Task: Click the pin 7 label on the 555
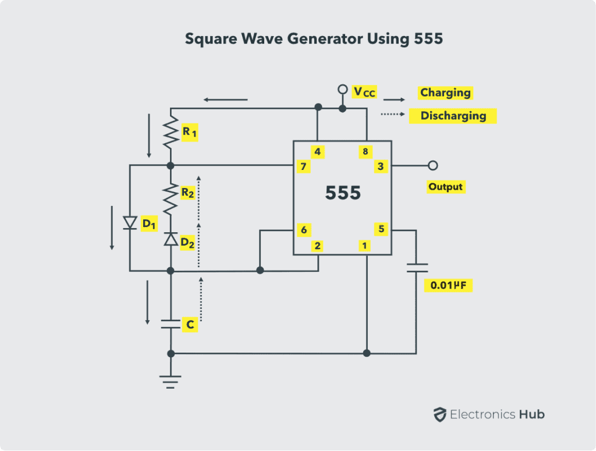click(303, 167)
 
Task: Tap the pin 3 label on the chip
click(380, 166)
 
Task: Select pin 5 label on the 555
click(381, 229)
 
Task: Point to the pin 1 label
click(364, 246)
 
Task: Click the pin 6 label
click(303, 230)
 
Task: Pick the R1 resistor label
click(190, 133)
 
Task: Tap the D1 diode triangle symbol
click(130, 223)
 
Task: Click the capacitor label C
click(189, 324)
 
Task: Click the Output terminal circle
click(432, 166)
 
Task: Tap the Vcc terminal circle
click(343, 90)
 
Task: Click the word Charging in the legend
click(445, 93)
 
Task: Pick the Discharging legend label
click(453, 115)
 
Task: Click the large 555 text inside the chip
click(343, 193)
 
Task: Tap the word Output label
click(445, 187)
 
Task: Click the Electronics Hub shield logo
click(439, 415)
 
